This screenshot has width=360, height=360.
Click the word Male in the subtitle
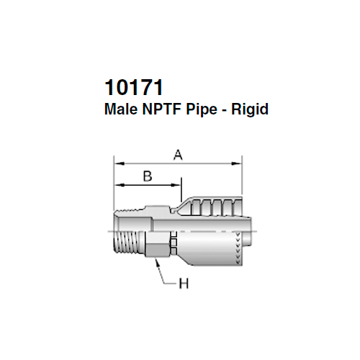click(x=120, y=111)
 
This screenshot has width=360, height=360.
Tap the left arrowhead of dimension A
click(x=117, y=163)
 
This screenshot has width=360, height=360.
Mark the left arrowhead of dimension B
click(x=117, y=185)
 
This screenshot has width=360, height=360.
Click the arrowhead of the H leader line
click(x=156, y=261)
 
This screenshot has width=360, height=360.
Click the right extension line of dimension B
click(x=180, y=191)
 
